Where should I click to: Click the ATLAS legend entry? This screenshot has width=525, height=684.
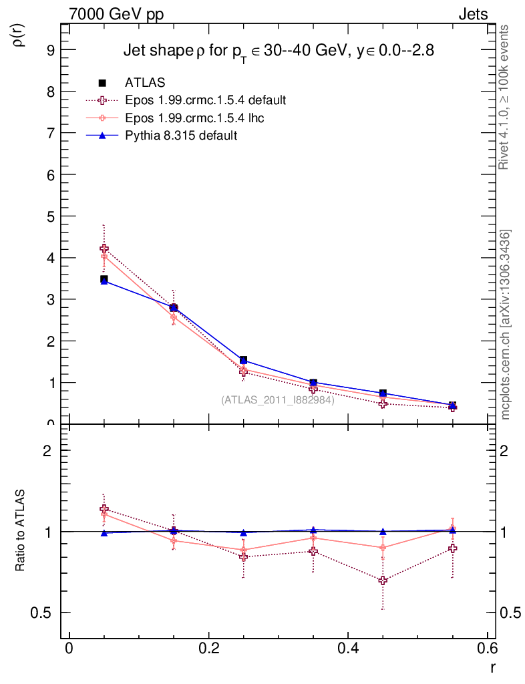tap(145, 83)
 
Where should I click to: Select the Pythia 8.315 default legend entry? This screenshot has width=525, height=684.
tap(181, 136)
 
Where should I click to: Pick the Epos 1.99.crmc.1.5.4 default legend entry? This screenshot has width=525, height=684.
tap(205, 100)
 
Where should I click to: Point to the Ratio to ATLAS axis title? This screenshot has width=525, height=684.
tap(21, 531)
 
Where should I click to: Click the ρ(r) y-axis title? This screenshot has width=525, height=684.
tap(19, 35)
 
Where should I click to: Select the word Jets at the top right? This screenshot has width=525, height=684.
tap(472, 13)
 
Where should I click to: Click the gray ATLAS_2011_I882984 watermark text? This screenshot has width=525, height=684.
tap(278, 400)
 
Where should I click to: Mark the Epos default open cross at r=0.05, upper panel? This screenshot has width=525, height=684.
tap(104, 249)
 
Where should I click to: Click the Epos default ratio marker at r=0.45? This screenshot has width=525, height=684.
tap(383, 580)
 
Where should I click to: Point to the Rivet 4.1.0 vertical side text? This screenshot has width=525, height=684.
tap(505, 97)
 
